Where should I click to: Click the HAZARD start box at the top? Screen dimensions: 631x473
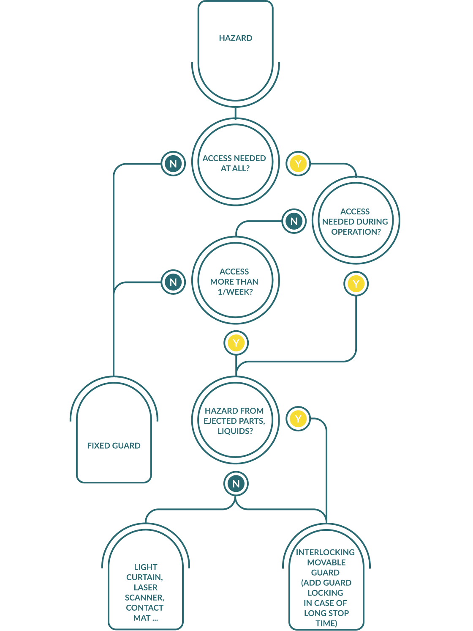235,47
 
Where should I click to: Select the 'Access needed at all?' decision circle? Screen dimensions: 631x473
235,163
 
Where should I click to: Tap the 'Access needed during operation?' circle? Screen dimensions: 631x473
356,221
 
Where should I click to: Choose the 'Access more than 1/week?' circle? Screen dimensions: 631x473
235,281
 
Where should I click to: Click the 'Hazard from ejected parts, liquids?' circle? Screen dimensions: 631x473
235,421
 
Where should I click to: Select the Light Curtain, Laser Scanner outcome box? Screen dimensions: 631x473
145,588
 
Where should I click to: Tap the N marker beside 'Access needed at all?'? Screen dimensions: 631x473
173,164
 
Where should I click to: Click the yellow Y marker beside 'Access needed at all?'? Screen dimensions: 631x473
298,164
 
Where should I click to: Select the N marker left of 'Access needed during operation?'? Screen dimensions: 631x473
294,221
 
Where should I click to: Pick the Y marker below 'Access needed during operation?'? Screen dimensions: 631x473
356,284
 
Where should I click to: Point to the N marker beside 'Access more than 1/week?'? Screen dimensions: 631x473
173,282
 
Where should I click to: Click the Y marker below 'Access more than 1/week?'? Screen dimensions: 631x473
236,343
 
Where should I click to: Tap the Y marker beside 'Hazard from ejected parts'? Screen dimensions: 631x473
298,419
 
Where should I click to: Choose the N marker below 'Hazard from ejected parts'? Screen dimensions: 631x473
236,484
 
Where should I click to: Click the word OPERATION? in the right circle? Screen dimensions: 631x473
356,232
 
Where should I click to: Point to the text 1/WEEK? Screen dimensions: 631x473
235,292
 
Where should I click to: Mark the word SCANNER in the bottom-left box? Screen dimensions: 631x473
144,598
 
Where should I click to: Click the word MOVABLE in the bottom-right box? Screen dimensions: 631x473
326,562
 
